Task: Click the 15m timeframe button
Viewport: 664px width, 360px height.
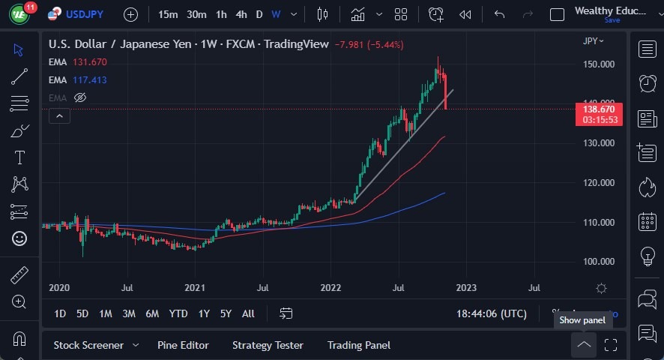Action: click(x=168, y=14)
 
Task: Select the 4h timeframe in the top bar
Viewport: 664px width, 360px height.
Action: click(x=241, y=14)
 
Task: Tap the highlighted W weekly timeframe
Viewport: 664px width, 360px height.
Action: click(x=276, y=14)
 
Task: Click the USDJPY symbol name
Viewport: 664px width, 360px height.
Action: click(x=84, y=14)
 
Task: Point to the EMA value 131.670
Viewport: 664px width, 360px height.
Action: click(x=90, y=62)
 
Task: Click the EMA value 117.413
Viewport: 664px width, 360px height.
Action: click(x=90, y=80)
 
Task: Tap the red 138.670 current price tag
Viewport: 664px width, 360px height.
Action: click(x=598, y=109)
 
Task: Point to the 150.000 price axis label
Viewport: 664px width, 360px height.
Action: click(x=598, y=64)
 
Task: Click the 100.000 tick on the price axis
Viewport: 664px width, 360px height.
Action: click(x=598, y=262)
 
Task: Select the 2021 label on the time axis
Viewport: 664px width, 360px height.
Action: click(x=195, y=287)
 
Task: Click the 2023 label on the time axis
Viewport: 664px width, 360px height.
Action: click(x=465, y=287)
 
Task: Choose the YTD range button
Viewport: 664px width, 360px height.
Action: click(x=178, y=313)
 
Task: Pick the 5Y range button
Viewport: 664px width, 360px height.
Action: click(x=226, y=313)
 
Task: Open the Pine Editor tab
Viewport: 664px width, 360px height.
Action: click(x=183, y=345)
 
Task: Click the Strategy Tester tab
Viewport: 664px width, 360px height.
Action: click(x=268, y=345)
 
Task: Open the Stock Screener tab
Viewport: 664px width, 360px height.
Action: click(x=88, y=345)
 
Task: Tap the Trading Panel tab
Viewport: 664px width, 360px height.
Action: click(x=358, y=345)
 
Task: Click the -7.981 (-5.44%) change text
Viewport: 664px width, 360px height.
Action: click(x=370, y=44)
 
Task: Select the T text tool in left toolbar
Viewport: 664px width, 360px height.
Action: click(x=19, y=157)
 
